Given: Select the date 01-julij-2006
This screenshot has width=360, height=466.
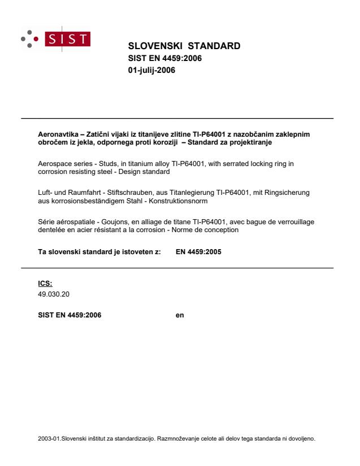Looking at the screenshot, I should [151, 70].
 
